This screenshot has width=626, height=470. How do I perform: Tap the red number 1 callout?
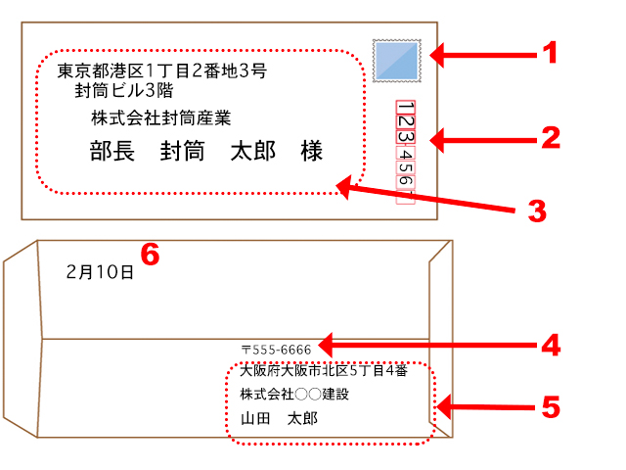pyautogui.click(x=551, y=52)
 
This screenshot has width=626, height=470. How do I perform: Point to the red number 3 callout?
pyautogui.click(x=536, y=210)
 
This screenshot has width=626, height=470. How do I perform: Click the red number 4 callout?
pyautogui.click(x=552, y=345)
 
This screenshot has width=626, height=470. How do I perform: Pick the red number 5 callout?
pyautogui.click(x=552, y=406)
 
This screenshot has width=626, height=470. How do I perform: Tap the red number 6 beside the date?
pyautogui.click(x=150, y=255)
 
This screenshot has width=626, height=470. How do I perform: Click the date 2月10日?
pyautogui.click(x=100, y=271)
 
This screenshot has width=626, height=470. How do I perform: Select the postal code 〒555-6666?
pyautogui.click(x=276, y=349)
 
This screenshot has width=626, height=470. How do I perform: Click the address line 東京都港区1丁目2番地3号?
pyautogui.click(x=161, y=71)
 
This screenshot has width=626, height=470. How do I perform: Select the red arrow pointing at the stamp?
pyautogui.click(x=479, y=54)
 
